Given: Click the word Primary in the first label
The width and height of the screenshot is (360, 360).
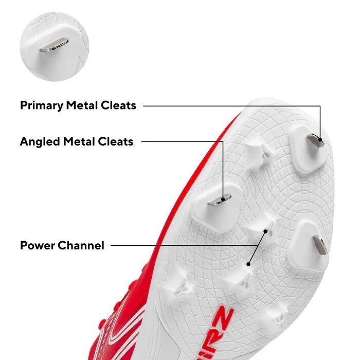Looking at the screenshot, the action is tap(42, 105).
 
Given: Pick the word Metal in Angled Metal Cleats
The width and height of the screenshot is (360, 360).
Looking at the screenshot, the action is tap(80, 141).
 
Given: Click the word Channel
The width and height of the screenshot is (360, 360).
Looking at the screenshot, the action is tap(82, 245).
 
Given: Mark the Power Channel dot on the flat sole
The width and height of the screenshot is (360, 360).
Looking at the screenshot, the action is tap(248, 264).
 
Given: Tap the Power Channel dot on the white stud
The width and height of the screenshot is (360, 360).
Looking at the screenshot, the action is tap(265, 232).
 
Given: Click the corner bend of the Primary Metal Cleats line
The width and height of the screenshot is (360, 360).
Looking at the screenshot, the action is tap(320, 106).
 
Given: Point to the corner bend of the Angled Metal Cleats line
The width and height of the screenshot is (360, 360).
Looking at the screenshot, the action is tap(223, 141).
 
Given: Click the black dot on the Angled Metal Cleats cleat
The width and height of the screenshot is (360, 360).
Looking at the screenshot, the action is tap(223, 199).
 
